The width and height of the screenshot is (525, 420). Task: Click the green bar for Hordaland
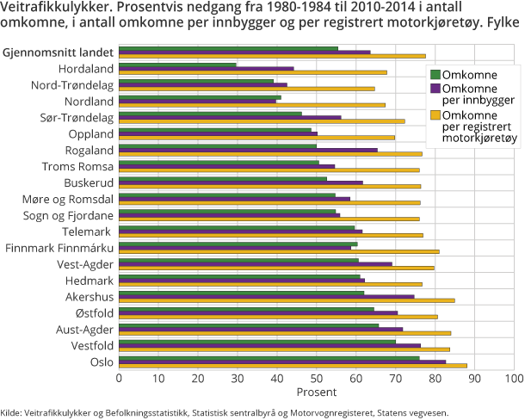pos(177,64)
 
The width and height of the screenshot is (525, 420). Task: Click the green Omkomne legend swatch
pos(435,75)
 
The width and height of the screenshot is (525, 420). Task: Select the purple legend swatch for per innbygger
pos(435,89)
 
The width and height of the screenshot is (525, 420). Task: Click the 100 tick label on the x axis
pos(514,377)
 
